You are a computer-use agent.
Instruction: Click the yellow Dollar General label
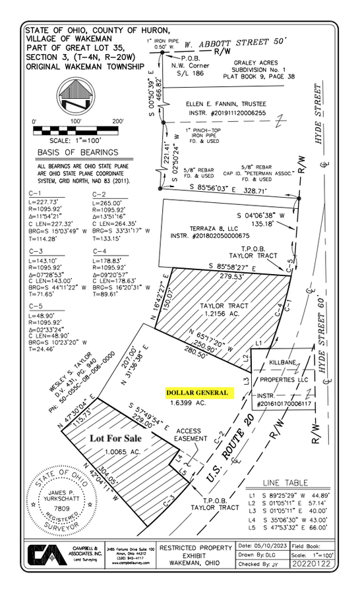coord(198,393)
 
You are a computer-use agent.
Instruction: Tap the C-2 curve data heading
coord(100,194)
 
